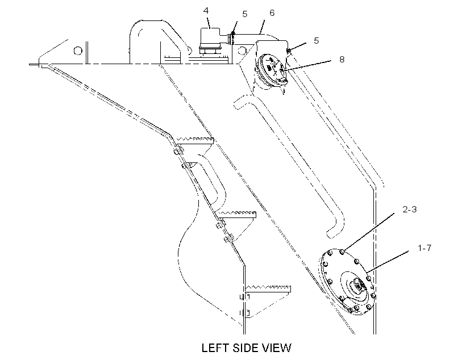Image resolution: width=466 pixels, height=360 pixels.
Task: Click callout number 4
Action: coord(206,11)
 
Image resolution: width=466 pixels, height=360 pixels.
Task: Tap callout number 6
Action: coord(272,12)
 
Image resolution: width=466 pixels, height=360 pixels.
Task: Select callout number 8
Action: coord(342,60)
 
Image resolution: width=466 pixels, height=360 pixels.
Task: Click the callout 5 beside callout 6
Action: coord(244,14)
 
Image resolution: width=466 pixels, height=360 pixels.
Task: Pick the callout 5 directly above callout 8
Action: coord(316,40)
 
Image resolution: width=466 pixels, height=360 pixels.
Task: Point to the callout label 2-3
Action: coord(410,210)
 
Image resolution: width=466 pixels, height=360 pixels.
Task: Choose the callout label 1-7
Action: coord(425,248)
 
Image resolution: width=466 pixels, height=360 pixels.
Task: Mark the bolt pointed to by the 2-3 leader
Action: coord(342,252)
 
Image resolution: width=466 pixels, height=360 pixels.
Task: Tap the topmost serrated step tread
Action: coord(195,141)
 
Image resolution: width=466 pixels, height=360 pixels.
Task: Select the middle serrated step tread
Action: coord(237,215)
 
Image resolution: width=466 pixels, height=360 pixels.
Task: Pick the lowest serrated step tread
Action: coord(268,288)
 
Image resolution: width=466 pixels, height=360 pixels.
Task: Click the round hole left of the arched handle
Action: coord(78,51)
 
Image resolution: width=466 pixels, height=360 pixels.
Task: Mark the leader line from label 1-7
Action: coord(388,261)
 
